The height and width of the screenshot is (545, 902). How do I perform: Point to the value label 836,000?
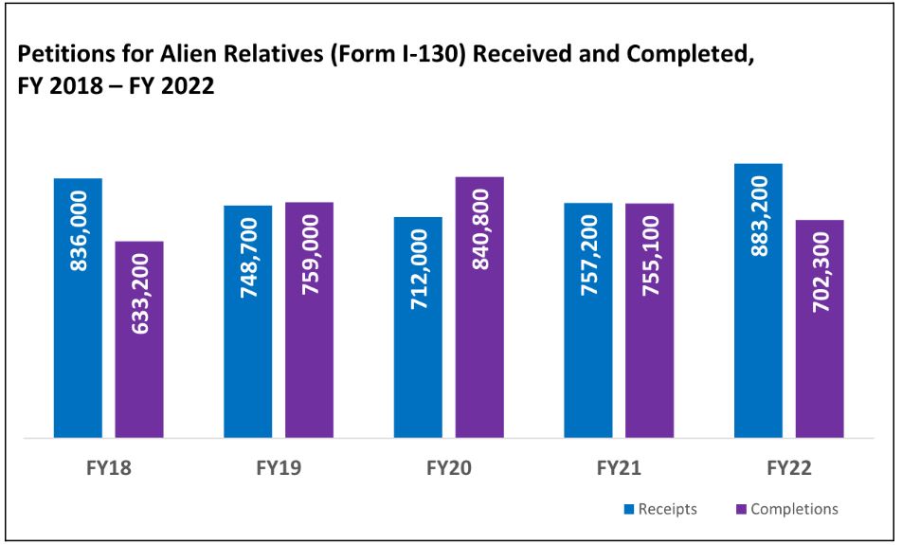coord(79,230)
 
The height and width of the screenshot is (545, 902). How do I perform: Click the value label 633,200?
coord(140,294)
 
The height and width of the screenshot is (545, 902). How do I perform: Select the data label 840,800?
coord(480,229)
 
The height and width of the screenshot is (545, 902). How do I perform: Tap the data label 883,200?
coord(759,216)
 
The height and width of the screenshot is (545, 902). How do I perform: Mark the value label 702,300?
coord(821,275)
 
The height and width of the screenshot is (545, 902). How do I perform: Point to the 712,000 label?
coord(419,271)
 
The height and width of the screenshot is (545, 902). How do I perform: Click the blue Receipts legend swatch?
coord(628,510)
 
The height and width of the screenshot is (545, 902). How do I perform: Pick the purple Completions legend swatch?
coord(741,510)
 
